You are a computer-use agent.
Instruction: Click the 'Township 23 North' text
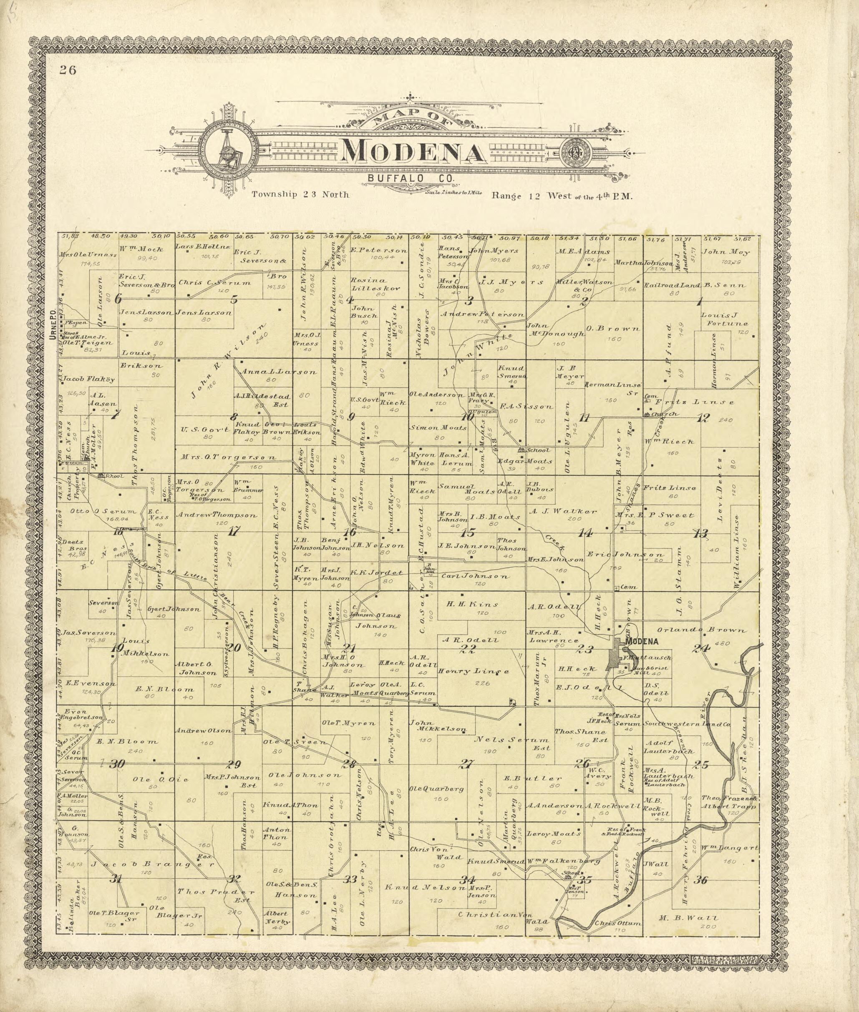[x=300, y=195]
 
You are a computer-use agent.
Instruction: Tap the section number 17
[x=234, y=532]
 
